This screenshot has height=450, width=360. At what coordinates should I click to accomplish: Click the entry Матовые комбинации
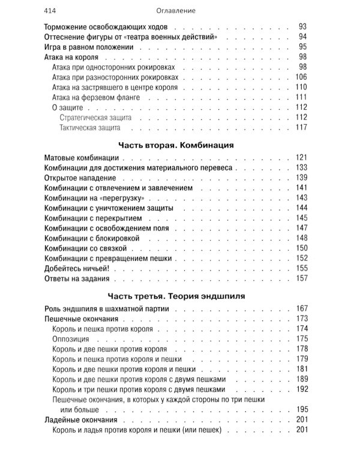(82, 158)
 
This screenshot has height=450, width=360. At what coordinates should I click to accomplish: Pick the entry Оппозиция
(71, 339)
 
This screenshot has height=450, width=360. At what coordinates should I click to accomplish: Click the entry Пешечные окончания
(82, 319)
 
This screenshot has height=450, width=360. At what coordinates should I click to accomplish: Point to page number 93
(302, 27)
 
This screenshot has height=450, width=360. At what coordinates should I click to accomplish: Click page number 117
(301, 128)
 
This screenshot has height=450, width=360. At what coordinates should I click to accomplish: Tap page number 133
(301, 168)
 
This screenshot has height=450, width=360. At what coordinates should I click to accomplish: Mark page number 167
(301, 308)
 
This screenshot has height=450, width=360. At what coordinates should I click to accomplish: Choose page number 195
(301, 409)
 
